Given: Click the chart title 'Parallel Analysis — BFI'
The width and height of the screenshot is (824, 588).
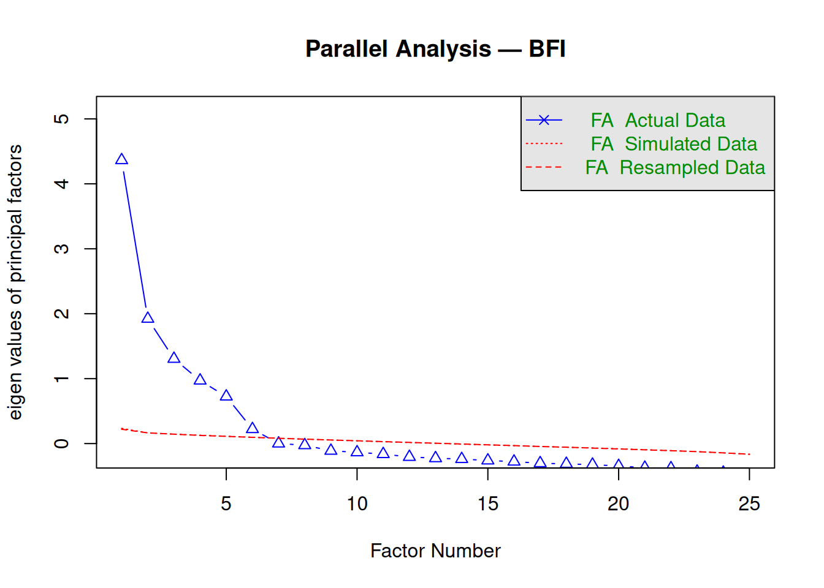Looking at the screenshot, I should click(435, 49).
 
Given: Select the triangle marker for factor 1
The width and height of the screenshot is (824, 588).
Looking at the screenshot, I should click(121, 160).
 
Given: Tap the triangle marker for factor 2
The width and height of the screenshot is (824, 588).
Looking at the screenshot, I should click(148, 318).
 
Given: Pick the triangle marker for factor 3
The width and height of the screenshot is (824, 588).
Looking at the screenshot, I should click(174, 358).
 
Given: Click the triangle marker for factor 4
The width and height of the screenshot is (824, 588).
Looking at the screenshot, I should click(200, 380).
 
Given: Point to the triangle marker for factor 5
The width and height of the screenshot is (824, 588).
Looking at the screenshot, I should click(226, 396).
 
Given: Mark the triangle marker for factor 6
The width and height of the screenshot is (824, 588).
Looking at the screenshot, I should click(252, 429).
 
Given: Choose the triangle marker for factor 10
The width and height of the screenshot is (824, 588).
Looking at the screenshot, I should click(357, 451).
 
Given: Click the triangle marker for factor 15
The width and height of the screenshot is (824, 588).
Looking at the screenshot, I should click(488, 459).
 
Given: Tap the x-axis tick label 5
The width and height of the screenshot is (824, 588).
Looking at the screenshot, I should click(226, 504).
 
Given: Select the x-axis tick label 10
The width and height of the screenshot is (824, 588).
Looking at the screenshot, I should click(357, 504).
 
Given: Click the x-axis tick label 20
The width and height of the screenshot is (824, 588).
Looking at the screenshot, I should click(618, 504).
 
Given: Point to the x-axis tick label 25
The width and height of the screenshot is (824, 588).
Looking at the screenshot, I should click(749, 504).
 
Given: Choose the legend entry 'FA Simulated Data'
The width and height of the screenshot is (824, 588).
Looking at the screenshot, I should click(673, 144).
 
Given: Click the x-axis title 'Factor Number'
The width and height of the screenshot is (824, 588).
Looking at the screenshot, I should click(435, 551).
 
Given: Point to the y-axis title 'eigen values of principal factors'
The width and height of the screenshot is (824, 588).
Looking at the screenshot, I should click(16, 282).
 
